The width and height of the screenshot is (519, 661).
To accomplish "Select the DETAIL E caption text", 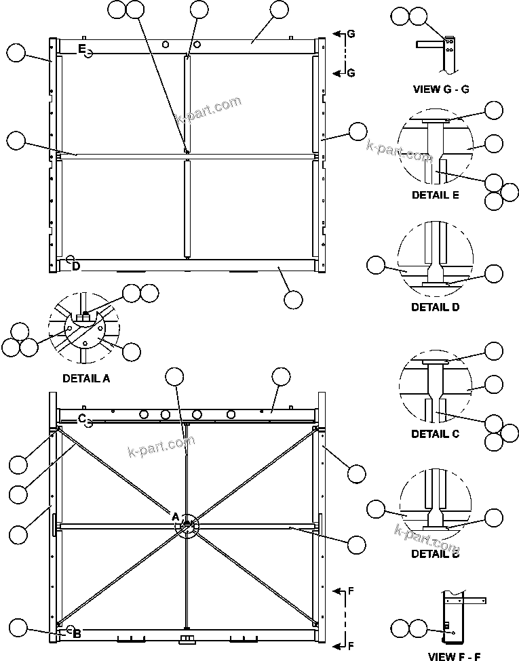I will click(435, 195).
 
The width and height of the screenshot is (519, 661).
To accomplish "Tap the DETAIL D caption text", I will click(435, 306).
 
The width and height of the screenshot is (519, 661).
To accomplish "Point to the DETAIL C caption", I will click(435, 434).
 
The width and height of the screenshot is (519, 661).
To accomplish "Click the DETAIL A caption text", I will click(86, 379).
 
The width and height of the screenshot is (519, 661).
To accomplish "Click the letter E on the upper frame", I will click(81, 49).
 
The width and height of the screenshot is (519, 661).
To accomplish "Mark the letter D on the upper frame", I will click(76, 266).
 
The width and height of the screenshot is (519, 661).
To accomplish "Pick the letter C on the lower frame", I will click(81, 418).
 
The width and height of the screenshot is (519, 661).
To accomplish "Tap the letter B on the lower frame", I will click(77, 634).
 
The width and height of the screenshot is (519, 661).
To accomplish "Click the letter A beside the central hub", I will click(175, 517).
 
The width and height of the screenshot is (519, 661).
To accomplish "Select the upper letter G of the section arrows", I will click(351, 33).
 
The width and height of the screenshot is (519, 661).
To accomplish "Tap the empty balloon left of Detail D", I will click(375, 266).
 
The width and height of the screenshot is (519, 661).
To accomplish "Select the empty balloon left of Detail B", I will click(375, 510).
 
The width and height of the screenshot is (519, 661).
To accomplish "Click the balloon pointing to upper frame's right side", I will click(357, 132).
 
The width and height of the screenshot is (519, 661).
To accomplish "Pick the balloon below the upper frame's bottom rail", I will click(293, 299).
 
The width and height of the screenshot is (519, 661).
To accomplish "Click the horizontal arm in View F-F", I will click(474, 601).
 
